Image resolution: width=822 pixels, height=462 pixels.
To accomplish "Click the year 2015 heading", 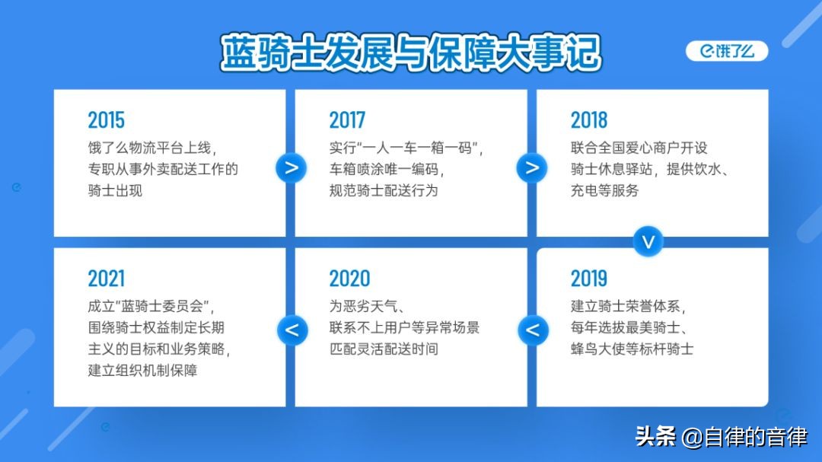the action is [x=107, y=120].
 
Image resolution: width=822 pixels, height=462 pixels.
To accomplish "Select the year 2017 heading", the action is [x=347, y=120].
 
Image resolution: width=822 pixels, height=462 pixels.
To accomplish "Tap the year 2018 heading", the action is [x=588, y=120].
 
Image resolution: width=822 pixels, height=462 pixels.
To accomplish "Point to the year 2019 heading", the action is [x=588, y=279].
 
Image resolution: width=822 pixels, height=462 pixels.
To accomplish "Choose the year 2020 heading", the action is [x=349, y=279].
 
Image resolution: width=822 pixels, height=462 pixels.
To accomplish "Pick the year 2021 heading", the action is [x=107, y=279].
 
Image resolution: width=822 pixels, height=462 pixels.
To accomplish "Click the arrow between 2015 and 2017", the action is [x=291, y=167].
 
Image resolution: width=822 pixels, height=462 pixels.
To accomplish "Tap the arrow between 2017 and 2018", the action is [x=531, y=167].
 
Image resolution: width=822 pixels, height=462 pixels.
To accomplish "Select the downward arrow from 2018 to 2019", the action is [x=648, y=242].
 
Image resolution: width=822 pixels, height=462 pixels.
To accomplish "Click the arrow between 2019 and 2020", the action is [x=533, y=330].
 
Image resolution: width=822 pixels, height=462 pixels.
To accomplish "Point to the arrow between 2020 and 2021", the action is [x=292, y=330].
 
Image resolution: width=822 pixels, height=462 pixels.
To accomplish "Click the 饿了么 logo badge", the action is [x=727, y=51].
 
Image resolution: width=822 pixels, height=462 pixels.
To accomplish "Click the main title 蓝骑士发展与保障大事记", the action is [x=411, y=53].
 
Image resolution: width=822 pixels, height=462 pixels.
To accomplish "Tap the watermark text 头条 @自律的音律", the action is [x=722, y=436].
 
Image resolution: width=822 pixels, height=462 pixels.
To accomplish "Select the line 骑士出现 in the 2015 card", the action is [x=115, y=190].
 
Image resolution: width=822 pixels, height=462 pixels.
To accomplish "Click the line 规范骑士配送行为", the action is [x=384, y=190].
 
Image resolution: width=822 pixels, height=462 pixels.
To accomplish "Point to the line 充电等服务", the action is [x=604, y=190].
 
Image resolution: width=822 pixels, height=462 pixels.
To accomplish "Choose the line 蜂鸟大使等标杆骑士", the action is [x=632, y=349].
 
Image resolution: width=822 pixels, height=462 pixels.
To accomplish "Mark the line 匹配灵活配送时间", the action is [x=384, y=349].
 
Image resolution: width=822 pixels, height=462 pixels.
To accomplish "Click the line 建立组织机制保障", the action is [x=142, y=370].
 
